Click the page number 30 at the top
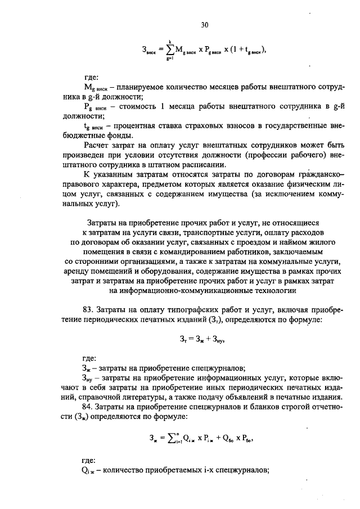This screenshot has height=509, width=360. pos(204,24)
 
